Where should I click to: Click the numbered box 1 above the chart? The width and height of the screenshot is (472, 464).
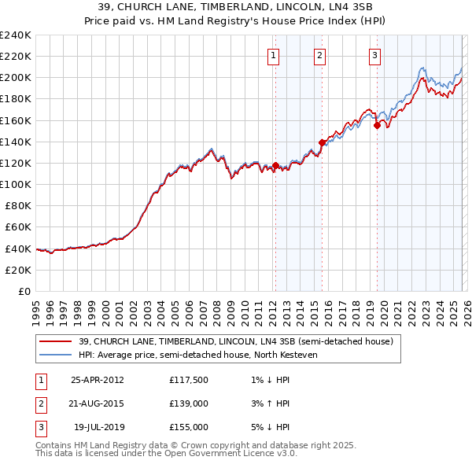coord(274,55)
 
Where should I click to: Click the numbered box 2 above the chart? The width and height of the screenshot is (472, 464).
coord(320,55)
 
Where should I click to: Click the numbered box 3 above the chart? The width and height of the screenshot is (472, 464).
coord(374,55)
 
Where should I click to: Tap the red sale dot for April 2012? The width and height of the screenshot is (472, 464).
coord(275,166)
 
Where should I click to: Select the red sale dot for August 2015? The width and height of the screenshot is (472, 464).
coord(322,142)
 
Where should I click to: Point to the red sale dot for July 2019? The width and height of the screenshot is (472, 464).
coord(377,125)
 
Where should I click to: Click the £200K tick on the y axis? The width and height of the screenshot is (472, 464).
coord(15,78)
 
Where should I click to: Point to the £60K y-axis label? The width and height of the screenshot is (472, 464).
coord(17,226)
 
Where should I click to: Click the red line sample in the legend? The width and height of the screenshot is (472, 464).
coord(56,341)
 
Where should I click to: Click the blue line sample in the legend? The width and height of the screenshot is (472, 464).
coord(56,355)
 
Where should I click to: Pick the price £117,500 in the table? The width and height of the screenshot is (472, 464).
coord(189,380)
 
